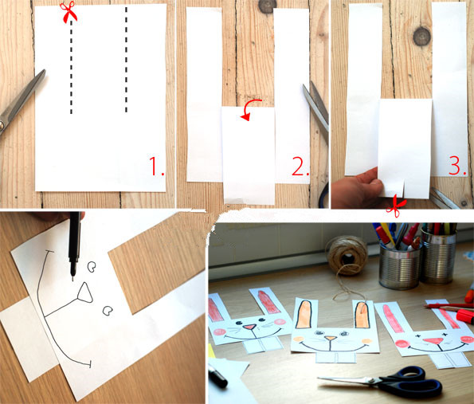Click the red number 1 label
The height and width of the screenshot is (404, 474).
(157, 166)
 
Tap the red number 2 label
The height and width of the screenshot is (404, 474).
(300, 167)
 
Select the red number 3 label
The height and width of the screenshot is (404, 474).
(458, 166)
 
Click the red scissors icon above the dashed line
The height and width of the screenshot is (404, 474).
(69, 12)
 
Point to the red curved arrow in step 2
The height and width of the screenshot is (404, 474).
(250, 108)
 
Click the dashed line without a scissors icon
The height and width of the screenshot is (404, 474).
(126, 59)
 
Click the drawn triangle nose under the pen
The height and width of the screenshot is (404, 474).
(85, 293)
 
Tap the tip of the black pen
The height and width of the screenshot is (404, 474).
(72, 280)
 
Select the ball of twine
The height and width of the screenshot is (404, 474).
(348, 256)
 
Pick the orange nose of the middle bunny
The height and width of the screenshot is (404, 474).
(331, 338)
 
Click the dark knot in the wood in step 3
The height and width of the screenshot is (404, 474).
(421, 37)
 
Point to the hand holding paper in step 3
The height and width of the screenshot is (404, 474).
(356, 189)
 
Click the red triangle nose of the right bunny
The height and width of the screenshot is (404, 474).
(434, 341)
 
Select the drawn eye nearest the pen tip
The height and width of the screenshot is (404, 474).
(92, 266)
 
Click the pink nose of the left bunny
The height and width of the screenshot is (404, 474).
(250, 327)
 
